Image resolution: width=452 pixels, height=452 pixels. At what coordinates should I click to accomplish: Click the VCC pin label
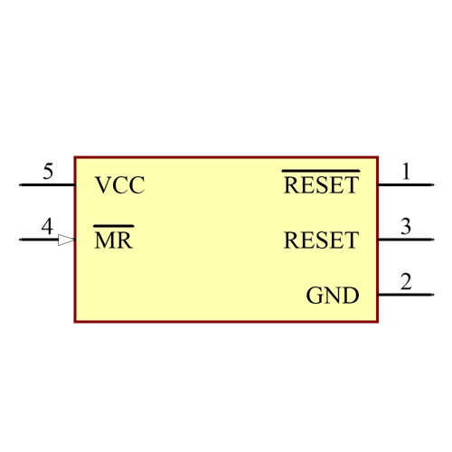pyautogui.click(x=119, y=186)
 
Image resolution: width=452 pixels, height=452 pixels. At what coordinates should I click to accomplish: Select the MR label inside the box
pyautogui.click(x=113, y=241)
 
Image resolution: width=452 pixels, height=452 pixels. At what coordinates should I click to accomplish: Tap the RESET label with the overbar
pyautogui.click(x=321, y=186)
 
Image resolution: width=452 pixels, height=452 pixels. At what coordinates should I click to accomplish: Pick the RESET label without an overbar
pyautogui.click(x=321, y=241)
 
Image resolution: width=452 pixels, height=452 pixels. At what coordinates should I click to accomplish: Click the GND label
pyautogui.click(x=333, y=296)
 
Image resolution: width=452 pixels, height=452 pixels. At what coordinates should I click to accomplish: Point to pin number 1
pyautogui.click(x=406, y=171)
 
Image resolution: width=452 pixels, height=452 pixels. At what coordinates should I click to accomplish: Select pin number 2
pyautogui.click(x=406, y=281)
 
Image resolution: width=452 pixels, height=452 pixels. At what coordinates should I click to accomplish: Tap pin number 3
pyautogui.click(x=406, y=226)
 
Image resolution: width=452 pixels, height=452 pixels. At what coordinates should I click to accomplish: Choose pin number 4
pyautogui.click(x=47, y=226)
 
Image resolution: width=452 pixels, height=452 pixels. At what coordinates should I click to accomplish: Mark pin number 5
pyautogui.click(x=47, y=171)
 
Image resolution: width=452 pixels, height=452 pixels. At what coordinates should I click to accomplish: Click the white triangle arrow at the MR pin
pyautogui.click(x=66, y=240)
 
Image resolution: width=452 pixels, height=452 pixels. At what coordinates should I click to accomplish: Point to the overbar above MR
pyautogui.click(x=113, y=226)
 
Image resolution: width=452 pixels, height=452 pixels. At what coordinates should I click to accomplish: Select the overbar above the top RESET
pyautogui.click(x=321, y=170)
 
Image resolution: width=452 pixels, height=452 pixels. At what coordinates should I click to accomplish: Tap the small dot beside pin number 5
pyautogui.click(x=20, y=185)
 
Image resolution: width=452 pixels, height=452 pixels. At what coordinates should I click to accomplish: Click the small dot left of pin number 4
pyautogui.click(x=20, y=240)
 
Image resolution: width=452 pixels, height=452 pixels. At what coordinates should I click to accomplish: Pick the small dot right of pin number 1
pyautogui.click(x=433, y=185)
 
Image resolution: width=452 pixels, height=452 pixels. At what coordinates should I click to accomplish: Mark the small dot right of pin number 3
pyautogui.click(x=433, y=240)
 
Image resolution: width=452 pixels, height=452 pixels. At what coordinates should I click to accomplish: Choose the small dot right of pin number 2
pyautogui.click(x=433, y=295)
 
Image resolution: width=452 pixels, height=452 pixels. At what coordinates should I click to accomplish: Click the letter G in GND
pyautogui.click(x=315, y=296)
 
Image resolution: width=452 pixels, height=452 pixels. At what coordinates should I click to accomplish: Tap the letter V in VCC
pyautogui.click(x=102, y=186)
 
